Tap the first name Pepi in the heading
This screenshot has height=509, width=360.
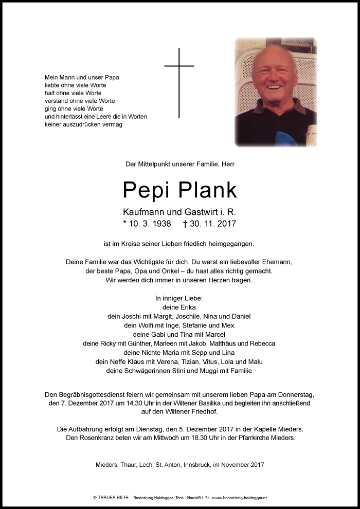click(x=147, y=190)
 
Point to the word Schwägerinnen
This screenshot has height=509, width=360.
click(x=150, y=371)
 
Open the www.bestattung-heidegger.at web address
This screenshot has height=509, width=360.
click(x=239, y=498)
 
